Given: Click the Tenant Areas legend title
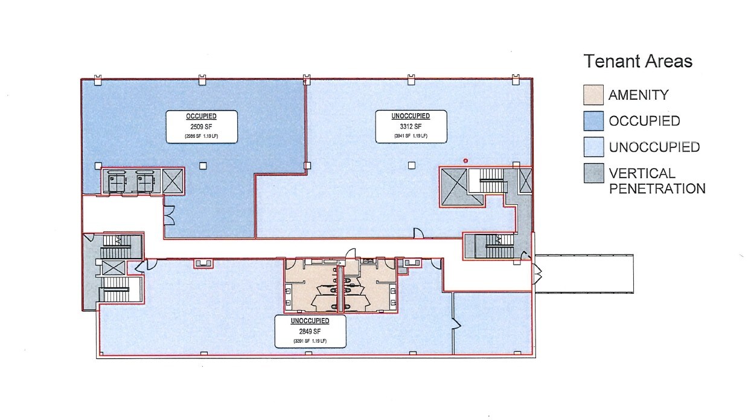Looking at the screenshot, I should (x=637, y=61).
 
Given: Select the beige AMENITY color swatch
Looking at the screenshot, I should (x=593, y=95).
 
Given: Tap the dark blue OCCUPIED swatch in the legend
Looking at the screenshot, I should (x=593, y=121).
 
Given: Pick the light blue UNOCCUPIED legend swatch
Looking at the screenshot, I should (x=593, y=147).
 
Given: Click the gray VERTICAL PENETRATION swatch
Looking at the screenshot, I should (x=593, y=173).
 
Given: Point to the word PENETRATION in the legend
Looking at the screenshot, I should (x=657, y=189).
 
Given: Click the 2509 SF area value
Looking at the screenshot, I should (x=202, y=128).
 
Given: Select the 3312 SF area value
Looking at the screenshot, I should (x=411, y=127).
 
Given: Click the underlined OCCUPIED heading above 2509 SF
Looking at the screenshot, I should (x=202, y=117).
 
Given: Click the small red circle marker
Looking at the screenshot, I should (x=465, y=160).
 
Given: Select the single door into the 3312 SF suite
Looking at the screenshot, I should (x=416, y=233).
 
